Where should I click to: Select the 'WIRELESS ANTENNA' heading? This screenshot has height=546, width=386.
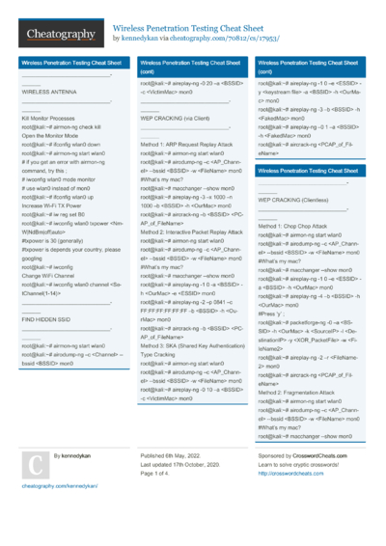tap(49, 92)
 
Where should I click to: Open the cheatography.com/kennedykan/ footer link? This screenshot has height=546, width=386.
tap(57, 487)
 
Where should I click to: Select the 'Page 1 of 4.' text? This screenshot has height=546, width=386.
tap(161, 473)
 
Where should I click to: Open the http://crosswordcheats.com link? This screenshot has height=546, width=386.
tap(290, 473)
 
